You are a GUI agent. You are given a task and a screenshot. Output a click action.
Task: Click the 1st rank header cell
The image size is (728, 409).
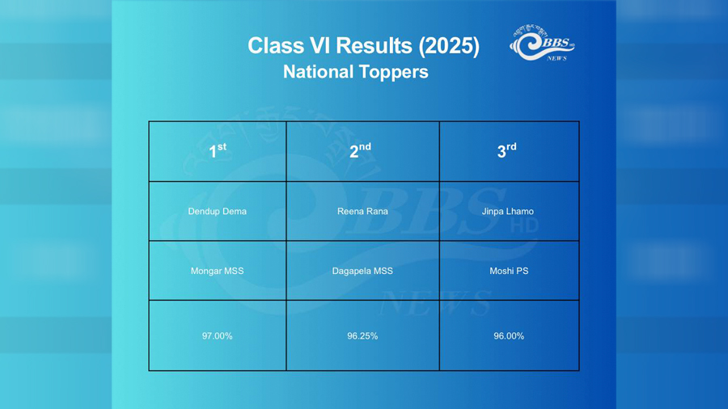coord(218,151)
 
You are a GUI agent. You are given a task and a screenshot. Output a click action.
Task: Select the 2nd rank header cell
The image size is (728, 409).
coord(362,151)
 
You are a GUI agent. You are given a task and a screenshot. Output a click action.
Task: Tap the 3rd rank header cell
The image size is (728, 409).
coord(509,151)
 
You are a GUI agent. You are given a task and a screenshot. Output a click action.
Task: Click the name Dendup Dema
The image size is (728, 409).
coord(218,212)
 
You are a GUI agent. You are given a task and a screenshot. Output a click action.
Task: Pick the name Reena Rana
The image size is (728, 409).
coord(362,212)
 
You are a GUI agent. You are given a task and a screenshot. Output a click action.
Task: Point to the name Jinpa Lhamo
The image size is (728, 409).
coord(507,212)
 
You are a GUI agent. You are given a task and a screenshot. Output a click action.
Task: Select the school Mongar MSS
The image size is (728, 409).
coord(218,271)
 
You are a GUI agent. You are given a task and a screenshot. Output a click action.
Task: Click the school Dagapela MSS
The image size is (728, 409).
coord(362,271)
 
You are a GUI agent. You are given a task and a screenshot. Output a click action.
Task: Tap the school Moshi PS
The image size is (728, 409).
coord(509,271)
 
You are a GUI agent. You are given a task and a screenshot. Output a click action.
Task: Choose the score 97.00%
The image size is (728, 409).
coord(218,335)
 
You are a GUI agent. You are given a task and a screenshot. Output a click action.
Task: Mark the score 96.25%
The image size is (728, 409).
coord(362,335)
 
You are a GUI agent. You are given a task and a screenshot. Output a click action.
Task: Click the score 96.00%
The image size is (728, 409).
coord(509,335)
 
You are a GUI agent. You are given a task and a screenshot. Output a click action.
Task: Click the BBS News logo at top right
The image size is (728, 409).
coord(542,43)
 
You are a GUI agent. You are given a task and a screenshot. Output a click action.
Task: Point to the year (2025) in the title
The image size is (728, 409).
coord(449,46)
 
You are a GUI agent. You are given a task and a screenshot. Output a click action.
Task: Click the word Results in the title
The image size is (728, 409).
coord(375,46)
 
